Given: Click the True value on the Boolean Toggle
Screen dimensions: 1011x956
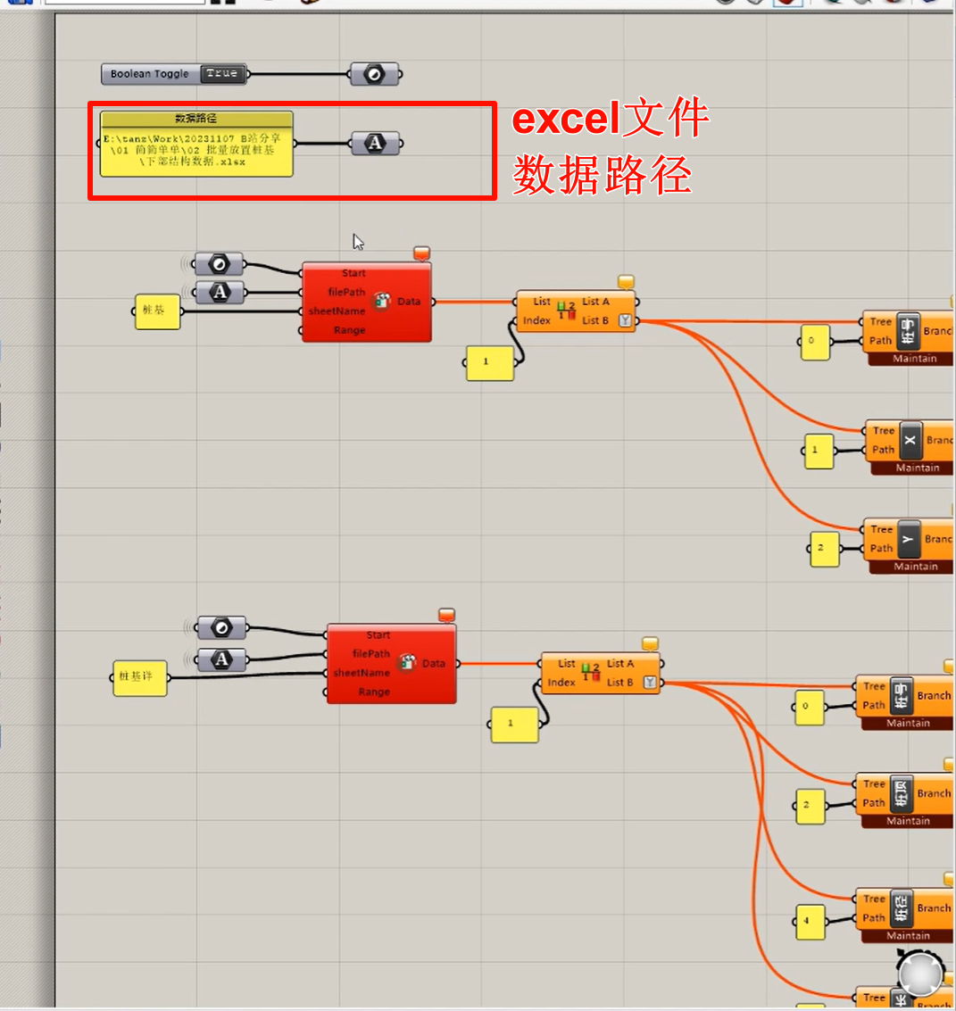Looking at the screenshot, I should (x=220, y=73).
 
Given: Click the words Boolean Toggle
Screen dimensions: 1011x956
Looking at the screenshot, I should (x=150, y=74).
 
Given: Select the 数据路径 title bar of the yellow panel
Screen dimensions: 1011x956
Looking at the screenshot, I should (x=196, y=119).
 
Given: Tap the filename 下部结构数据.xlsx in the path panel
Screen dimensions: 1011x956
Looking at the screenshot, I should (x=192, y=162).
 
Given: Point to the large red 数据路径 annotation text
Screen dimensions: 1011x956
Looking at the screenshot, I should (x=603, y=174).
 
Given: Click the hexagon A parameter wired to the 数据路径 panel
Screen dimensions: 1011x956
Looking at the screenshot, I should (x=375, y=143).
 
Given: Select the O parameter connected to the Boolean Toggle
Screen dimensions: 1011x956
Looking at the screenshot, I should (x=374, y=74).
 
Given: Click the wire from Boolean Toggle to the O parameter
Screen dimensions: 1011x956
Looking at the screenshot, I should (x=299, y=74).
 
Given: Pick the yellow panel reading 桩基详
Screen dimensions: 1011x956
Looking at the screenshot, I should (x=139, y=677).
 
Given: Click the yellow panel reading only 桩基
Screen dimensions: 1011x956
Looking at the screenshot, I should (x=157, y=311).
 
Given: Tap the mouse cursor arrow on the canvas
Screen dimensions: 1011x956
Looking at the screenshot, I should (x=358, y=242).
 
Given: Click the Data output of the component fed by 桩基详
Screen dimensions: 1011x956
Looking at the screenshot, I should (x=434, y=663).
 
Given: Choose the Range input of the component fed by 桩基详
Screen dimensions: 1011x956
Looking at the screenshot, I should (x=374, y=692).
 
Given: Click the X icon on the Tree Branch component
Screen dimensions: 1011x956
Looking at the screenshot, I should (x=910, y=440).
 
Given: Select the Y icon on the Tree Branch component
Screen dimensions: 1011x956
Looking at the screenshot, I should (x=908, y=538).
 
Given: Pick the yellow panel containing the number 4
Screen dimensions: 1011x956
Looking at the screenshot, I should (x=810, y=921).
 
